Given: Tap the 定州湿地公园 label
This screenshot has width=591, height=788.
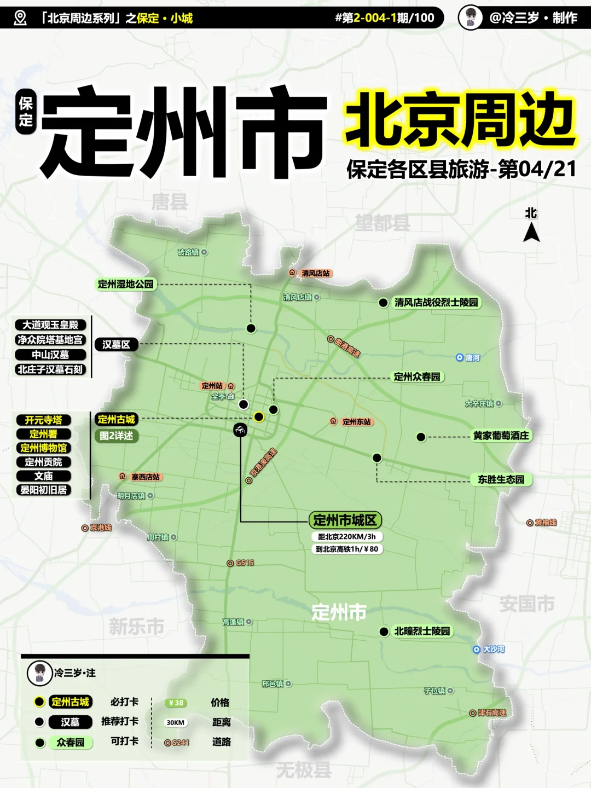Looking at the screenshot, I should coord(126,284).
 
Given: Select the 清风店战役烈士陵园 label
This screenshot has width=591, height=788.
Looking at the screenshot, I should coord(436,303).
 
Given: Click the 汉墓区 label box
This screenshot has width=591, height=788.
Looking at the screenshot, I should coord(116,345).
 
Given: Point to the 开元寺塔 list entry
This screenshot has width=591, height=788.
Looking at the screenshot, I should coord(44,420).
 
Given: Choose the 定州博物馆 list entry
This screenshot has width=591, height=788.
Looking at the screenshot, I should coord(44,448).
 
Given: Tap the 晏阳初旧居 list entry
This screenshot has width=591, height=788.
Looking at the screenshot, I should coord(44,490).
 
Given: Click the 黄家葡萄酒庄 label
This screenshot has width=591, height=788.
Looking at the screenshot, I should coord(501,436).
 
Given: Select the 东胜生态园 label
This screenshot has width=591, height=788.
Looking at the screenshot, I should coord(501,480).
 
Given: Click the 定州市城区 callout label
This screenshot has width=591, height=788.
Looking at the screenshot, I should coord(345,520).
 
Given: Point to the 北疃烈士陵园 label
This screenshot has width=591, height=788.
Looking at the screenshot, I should coord(422,631).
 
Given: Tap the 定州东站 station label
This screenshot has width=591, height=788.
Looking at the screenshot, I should coord(356,422).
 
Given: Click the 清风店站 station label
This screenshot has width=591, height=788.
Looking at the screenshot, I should coord(316,273).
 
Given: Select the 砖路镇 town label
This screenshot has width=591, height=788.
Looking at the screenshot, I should coord(188,252).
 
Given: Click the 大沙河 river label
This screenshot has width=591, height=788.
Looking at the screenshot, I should coord(493,650).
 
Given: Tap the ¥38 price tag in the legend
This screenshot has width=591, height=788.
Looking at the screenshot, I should coord(176,703).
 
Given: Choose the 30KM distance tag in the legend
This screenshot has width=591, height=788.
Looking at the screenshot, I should coord(175,723).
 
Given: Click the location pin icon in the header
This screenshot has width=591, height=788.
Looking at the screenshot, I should coord(20,18).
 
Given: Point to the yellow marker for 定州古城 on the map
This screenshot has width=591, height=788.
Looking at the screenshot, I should coord(259,417).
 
